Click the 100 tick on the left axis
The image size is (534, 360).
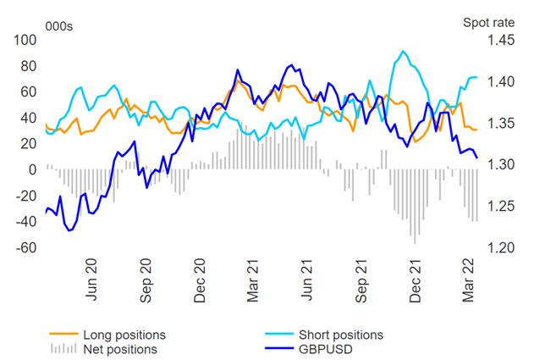pyautogui.click(x=23, y=40)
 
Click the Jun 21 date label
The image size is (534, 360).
pyautogui.click(x=307, y=282)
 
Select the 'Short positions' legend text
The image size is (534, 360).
pyautogui.click(x=336, y=334)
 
